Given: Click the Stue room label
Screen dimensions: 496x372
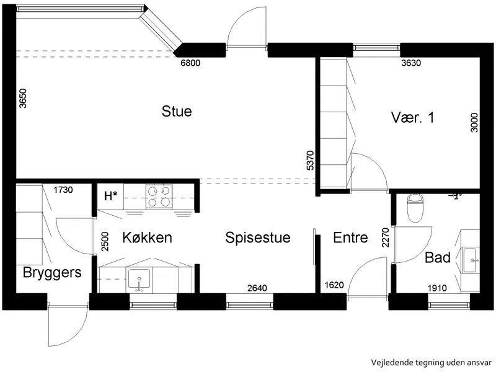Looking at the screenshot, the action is (x=177, y=112).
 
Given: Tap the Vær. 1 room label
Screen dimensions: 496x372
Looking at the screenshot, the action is (x=412, y=117).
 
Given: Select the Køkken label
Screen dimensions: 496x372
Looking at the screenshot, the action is (x=147, y=237).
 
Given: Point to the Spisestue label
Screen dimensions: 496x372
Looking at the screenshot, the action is (x=258, y=238).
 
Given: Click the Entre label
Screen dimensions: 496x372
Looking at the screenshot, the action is (x=350, y=237).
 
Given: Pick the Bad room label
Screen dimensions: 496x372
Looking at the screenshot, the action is (x=438, y=257).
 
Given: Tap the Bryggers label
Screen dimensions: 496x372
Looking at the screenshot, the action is (x=52, y=273).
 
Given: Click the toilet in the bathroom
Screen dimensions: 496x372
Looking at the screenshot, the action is (x=415, y=208).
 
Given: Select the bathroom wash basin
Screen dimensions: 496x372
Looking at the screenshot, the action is (x=470, y=260).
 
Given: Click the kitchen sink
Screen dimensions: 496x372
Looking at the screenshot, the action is (x=139, y=281).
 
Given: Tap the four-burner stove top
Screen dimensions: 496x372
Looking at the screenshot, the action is (x=159, y=197).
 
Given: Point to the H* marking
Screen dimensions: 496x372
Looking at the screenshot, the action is (x=111, y=196).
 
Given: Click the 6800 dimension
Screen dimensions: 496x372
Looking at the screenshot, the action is (x=190, y=63).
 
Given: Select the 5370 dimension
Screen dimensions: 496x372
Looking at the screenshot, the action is (x=311, y=161).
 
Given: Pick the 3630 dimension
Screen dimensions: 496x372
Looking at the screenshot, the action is (x=411, y=63).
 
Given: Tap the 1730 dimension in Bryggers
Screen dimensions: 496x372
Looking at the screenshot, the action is (x=63, y=190).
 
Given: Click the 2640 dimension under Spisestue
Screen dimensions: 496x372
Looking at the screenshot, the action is (x=257, y=288).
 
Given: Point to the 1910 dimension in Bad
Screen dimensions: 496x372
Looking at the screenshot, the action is (x=437, y=288).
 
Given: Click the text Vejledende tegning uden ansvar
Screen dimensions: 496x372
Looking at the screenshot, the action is (x=432, y=363).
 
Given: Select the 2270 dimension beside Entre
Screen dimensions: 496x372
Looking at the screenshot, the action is (x=385, y=237).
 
